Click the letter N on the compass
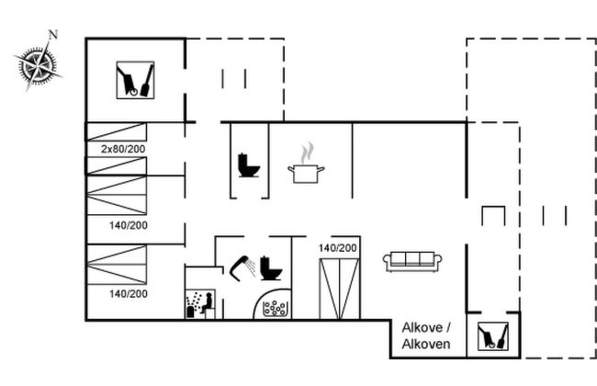click(53, 35)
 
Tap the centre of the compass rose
click(38, 65)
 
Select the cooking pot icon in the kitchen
click(306, 174)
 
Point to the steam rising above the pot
click(308, 152)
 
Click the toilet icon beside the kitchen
click(249, 165)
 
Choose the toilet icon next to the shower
click(271, 268)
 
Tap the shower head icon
click(239, 267)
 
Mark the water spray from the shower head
click(251, 267)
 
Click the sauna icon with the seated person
click(200, 303)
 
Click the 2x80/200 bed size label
click(123, 149)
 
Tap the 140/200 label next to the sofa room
click(338, 248)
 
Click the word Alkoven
click(426, 344)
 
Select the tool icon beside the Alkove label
click(493, 336)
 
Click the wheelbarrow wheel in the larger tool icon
click(134, 92)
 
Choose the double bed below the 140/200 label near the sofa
click(340, 289)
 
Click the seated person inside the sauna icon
click(208, 303)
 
